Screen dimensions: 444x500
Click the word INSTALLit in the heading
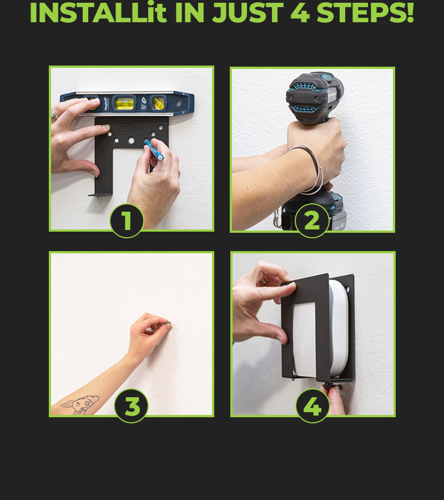(98, 13)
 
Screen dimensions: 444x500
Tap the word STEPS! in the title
(365, 13)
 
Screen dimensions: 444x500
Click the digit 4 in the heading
(300, 13)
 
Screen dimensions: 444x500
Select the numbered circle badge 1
(127, 221)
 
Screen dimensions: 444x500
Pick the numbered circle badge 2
(312, 221)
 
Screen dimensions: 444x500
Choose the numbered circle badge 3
(131, 406)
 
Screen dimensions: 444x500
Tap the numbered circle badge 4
(312, 406)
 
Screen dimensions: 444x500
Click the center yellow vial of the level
(124, 104)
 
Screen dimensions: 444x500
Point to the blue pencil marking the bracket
(154, 150)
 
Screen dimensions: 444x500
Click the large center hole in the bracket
(131, 141)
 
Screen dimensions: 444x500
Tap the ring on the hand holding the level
(54, 116)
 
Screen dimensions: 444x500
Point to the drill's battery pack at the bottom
(314, 211)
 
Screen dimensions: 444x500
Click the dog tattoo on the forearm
(80, 404)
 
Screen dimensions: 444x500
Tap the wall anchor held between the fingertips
(167, 324)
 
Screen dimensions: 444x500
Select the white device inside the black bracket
(320, 328)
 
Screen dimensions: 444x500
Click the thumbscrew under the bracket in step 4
(331, 386)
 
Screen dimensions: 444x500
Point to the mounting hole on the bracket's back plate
(349, 290)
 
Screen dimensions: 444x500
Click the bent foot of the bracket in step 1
(100, 195)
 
